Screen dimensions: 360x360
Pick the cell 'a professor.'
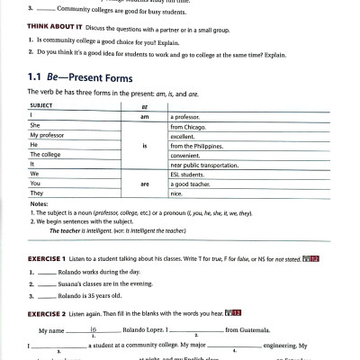pos(187,116)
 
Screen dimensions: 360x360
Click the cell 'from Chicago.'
pos(190,126)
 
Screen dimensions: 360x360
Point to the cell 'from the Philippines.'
pos(201,145)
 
